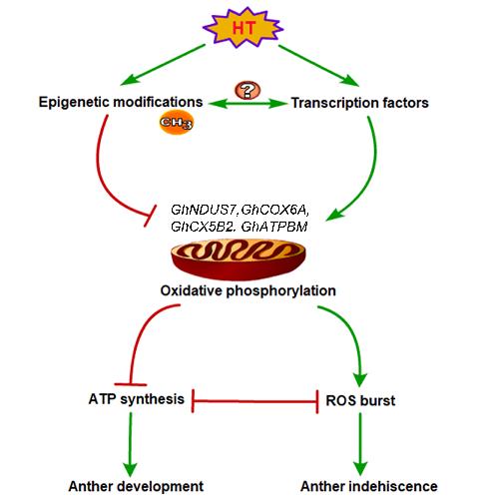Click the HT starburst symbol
click(244, 27)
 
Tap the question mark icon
click(247, 90)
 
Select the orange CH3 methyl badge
click(177, 122)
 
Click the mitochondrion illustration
click(239, 258)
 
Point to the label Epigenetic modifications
click(121, 102)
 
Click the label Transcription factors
click(360, 103)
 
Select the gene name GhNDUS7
click(204, 210)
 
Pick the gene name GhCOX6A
click(275, 211)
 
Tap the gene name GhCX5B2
click(204, 227)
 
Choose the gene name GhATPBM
click(274, 227)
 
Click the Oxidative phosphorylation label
click(248, 290)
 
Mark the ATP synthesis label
click(137, 399)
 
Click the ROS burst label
click(360, 400)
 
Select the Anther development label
click(136, 486)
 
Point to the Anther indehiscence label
click(369, 486)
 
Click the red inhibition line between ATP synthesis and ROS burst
click(255, 401)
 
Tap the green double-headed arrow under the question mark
click(248, 104)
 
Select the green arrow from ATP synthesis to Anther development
click(130, 444)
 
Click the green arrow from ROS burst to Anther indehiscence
click(360, 444)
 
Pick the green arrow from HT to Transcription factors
click(318, 66)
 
